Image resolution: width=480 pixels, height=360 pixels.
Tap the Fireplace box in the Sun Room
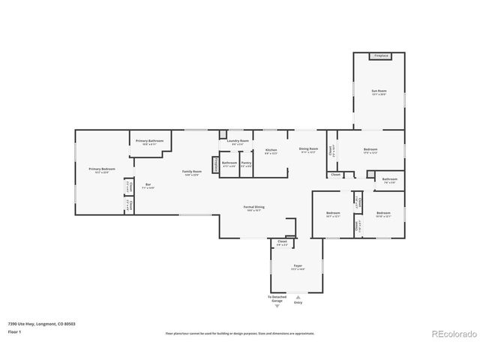(379, 56)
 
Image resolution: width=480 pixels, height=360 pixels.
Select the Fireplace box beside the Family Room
(215, 164)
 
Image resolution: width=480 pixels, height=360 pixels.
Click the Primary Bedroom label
(102, 169)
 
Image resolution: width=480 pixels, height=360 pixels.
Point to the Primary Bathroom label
(148, 141)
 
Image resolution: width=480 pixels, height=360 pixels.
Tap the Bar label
(148, 184)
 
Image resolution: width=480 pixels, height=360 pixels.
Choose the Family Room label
(192, 172)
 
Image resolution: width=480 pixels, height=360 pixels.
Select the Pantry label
(246, 163)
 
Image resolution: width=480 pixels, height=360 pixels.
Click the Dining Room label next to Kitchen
(308, 149)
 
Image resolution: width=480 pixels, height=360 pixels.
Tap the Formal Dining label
(253, 207)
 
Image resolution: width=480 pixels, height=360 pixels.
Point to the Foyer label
(298, 266)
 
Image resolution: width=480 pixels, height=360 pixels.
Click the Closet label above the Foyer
(282, 242)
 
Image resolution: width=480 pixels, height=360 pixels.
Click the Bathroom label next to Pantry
(229, 163)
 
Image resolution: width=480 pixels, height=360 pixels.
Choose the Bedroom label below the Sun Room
(370, 149)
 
